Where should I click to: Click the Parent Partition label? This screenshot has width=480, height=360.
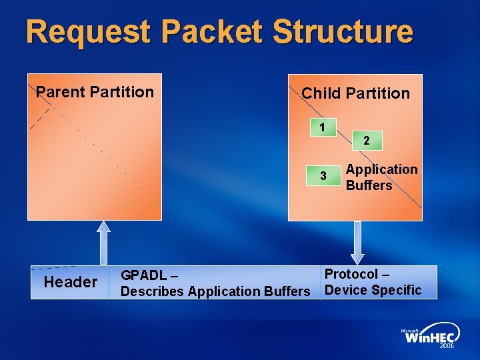(x=95, y=92)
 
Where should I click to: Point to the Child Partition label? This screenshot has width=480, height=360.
(x=355, y=93)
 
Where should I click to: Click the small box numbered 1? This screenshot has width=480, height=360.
(x=323, y=127)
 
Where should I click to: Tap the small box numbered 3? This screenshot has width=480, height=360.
(x=323, y=176)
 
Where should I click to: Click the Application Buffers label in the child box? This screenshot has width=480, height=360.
(x=382, y=177)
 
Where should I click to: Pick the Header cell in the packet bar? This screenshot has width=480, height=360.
(x=70, y=282)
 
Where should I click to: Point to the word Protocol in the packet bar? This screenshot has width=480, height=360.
(x=351, y=274)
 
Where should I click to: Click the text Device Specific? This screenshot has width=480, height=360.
(x=373, y=290)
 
